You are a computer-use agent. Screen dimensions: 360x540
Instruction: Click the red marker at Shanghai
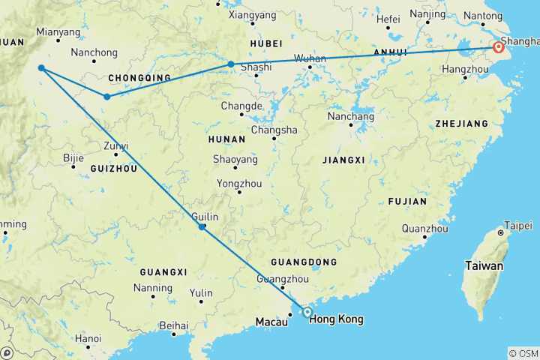click(499, 48)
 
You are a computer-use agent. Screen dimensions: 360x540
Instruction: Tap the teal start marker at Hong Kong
click(307, 312)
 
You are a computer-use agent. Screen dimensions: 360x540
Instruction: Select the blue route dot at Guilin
click(202, 226)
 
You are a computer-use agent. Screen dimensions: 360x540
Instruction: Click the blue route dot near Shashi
click(231, 64)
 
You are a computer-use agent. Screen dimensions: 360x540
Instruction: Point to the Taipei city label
click(517, 225)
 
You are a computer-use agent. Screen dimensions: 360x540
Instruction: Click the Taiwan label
click(484, 265)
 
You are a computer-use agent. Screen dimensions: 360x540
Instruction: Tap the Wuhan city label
click(310, 58)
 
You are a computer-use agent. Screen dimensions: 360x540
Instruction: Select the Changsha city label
click(274, 130)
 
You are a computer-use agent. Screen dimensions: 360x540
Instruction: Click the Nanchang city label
click(351, 116)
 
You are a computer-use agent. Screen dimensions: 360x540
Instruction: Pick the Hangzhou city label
click(466, 68)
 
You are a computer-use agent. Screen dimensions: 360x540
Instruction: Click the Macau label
click(271, 322)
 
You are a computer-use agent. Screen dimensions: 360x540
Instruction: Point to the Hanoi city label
click(88, 338)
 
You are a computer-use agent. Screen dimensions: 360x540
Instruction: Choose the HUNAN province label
click(229, 139)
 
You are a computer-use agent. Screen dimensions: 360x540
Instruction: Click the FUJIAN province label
click(407, 201)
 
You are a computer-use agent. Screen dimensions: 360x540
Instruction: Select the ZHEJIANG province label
click(455, 122)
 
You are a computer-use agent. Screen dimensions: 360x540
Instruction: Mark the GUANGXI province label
click(163, 271)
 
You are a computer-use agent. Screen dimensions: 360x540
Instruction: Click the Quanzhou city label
click(424, 228)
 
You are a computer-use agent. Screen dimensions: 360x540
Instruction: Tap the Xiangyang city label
click(252, 14)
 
